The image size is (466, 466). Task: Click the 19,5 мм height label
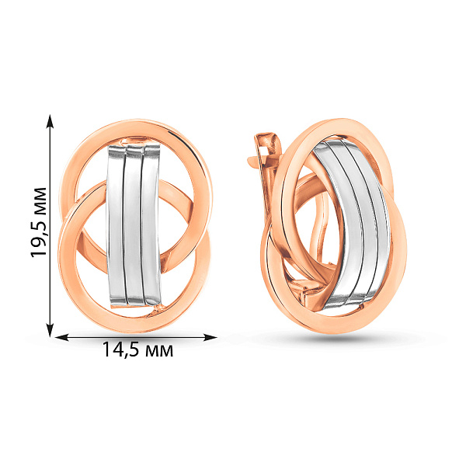39,222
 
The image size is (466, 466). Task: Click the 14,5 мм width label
137,349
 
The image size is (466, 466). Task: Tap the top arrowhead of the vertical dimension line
50,121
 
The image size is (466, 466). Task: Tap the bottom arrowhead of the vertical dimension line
50,330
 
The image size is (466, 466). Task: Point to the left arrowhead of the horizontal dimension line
62,337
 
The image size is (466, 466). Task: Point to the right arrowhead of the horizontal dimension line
210,337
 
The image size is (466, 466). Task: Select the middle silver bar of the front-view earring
133,225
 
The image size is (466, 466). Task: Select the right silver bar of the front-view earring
151,225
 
